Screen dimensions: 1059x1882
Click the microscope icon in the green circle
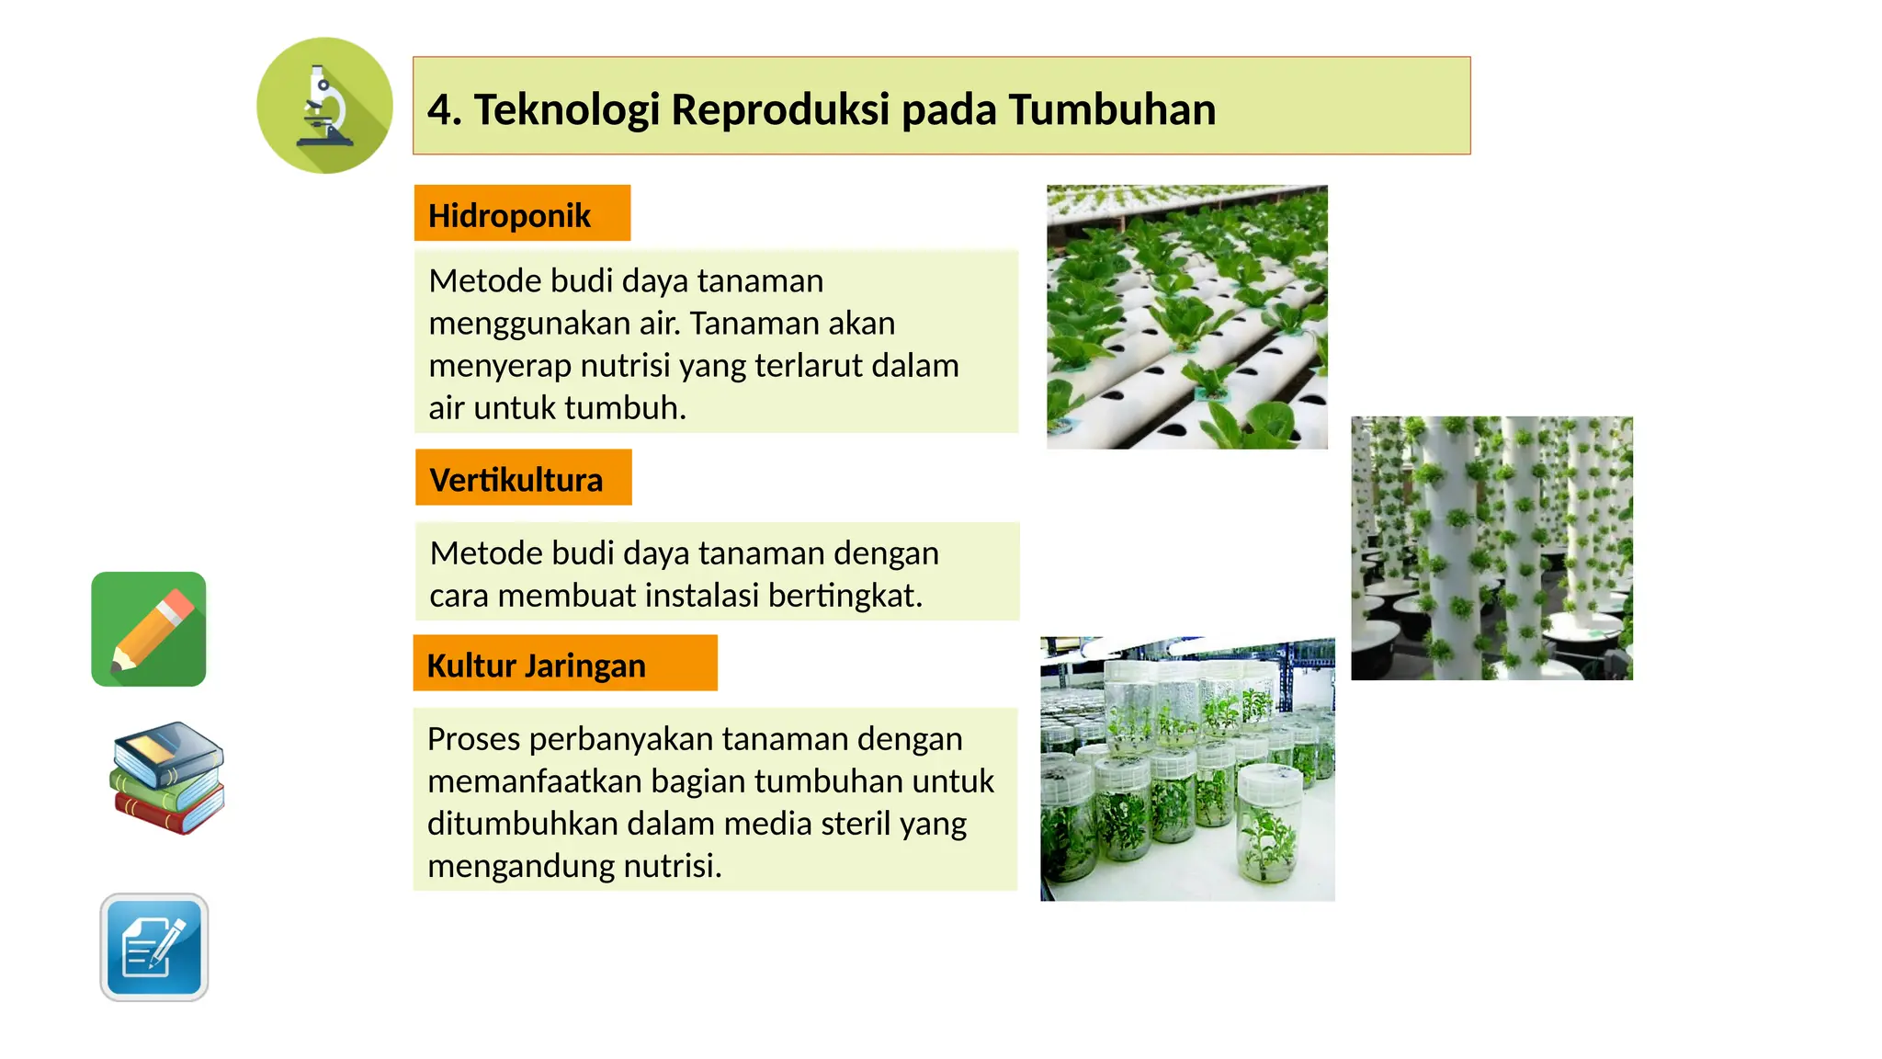click(324, 106)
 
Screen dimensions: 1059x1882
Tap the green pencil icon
click(149, 629)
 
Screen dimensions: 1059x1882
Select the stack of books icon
click(167, 778)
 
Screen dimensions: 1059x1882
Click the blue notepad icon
click(154, 947)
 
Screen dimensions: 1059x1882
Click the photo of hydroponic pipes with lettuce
click(1186, 317)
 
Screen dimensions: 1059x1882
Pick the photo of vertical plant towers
click(1491, 548)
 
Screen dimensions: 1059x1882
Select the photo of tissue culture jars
click(1187, 769)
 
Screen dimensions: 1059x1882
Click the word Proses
click(474, 739)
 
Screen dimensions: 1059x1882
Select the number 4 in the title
click(439, 109)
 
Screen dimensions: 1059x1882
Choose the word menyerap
click(500, 366)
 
